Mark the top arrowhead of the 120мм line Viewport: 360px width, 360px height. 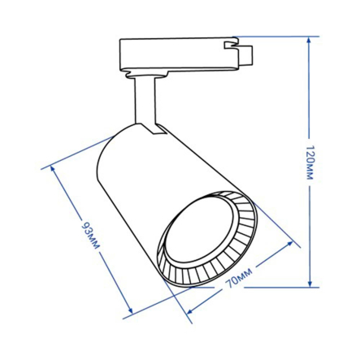[310, 40]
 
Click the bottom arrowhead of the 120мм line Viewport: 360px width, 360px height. [310, 283]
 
